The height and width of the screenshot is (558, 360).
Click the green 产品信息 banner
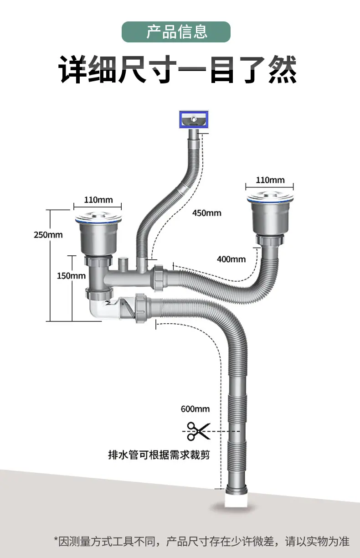click(x=176, y=32)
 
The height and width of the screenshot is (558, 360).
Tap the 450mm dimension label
click(x=206, y=213)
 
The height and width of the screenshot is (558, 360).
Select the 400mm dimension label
click(x=231, y=259)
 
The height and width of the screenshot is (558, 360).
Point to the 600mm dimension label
click(x=195, y=409)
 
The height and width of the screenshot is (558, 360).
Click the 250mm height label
click(x=48, y=235)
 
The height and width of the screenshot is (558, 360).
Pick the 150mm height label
click(x=71, y=276)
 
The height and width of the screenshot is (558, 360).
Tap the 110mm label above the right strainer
click(x=270, y=180)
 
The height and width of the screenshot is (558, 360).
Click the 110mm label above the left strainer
click(x=98, y=200)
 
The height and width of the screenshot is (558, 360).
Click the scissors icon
click(x=199, y=431)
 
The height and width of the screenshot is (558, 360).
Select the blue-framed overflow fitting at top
click(x=194, y=119)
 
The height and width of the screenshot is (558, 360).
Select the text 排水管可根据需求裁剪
click(x=159, y=455)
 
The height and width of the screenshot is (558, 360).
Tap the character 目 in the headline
click(x=222, y=69)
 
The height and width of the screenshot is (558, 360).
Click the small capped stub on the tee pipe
click(x=123, y=264)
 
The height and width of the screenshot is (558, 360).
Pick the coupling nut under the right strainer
click(x=270, y=240)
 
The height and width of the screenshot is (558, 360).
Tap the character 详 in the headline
click(x=72, y=69)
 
